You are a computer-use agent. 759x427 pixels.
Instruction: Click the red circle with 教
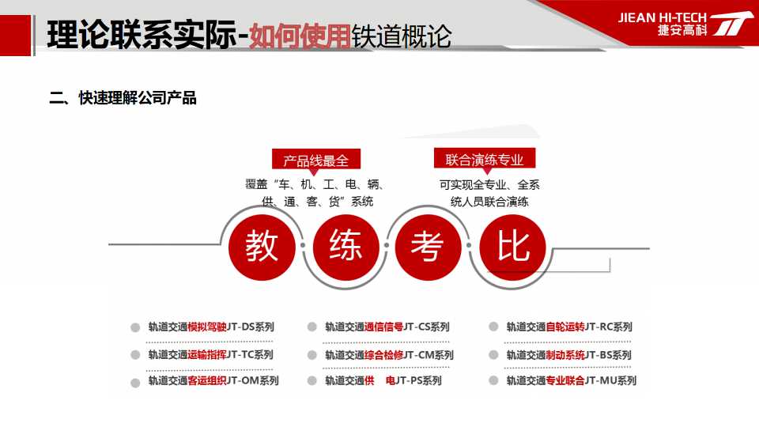point(262,248)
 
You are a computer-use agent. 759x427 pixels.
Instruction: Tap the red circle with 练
point(346,248)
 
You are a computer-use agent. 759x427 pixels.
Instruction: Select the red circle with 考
point(429,248)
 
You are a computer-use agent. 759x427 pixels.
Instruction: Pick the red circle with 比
point(512,248)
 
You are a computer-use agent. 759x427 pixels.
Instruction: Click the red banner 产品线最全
point(316,161)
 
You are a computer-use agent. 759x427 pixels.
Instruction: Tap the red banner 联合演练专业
point(485,159)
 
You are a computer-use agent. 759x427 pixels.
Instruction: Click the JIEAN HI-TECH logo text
point(663,18)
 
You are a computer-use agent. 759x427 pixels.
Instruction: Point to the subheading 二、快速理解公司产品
point(123,98)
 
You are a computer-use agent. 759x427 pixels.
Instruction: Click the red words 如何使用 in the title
point(300,36)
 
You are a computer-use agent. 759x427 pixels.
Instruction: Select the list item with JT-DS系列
point(212,327)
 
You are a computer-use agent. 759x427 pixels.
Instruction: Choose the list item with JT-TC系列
point(211,355)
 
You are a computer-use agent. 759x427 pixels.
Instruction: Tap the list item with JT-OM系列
point(213,381)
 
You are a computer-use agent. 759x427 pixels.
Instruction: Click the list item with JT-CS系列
point(387,327)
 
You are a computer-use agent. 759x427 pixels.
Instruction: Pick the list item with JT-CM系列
point(389,355)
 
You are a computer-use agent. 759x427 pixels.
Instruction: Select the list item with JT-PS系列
point(383,381)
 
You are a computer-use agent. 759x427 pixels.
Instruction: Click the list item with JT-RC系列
point(569,327)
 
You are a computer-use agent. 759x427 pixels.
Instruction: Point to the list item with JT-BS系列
point(568,355)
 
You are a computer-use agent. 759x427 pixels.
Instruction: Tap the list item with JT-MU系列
point(571,381)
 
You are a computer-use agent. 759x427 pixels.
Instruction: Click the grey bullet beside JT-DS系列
point(135,327)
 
